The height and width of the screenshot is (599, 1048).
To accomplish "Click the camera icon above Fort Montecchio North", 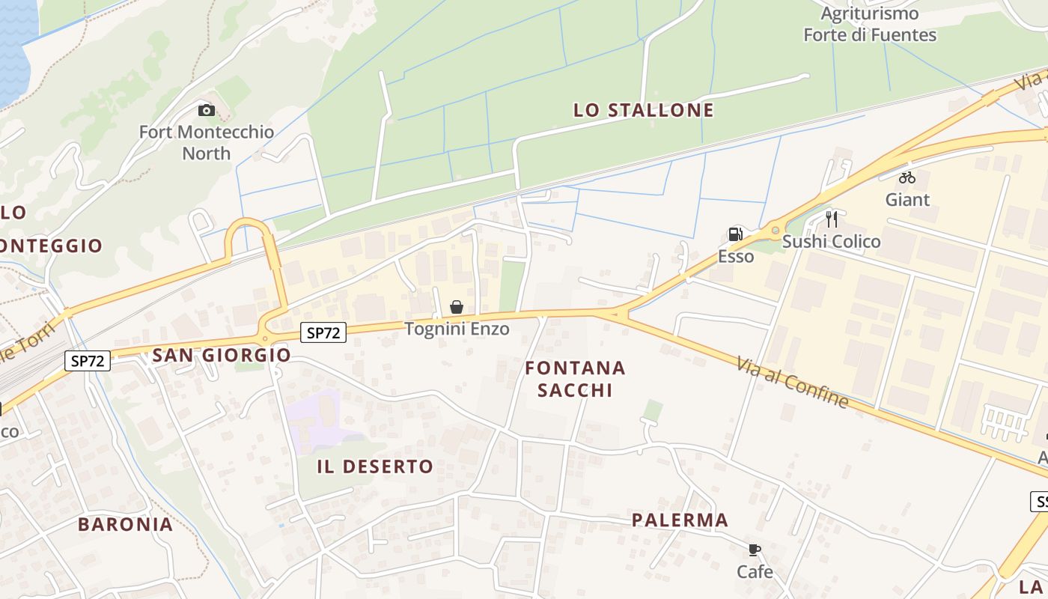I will (x=206, y=111).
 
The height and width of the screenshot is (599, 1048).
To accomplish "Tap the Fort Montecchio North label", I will (x=207, y=142).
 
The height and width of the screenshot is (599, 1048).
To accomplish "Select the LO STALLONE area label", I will (x=643, y=111).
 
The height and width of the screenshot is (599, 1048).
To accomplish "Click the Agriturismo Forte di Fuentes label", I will (x=869, y=24).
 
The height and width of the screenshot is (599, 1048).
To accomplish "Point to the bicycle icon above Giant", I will (x=907, y=177).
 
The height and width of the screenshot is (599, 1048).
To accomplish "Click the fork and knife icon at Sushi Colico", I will (x=832, y=219).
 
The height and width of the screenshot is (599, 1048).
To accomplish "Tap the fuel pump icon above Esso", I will (x=735, y=234).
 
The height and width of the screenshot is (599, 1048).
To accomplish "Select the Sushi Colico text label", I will (x=831, y=242).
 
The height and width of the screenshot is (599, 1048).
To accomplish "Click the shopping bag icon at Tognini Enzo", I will (x=457, y=307).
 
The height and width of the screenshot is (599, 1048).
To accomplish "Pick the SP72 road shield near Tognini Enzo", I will (x=323, y=333).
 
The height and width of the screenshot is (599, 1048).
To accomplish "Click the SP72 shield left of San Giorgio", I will (x=88, y=361).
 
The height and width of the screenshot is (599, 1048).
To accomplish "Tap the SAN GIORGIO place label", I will (x=222, y=355).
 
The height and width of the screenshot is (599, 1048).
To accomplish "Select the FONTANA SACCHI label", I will (x=575, y=379).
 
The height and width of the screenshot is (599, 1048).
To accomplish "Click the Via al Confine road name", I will (x=792, y=383).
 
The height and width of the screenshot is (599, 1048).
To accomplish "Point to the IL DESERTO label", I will (x=375, y=466).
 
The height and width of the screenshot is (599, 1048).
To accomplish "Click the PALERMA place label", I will (x=680, y=520).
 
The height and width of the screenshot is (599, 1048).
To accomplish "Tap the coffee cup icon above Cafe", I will (x=755, y=550).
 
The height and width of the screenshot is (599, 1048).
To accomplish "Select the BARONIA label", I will (x=126, y=524).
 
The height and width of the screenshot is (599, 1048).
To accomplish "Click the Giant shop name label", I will (x=907, y=200).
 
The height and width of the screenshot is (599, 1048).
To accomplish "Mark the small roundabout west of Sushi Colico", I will (x=776, y=231).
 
